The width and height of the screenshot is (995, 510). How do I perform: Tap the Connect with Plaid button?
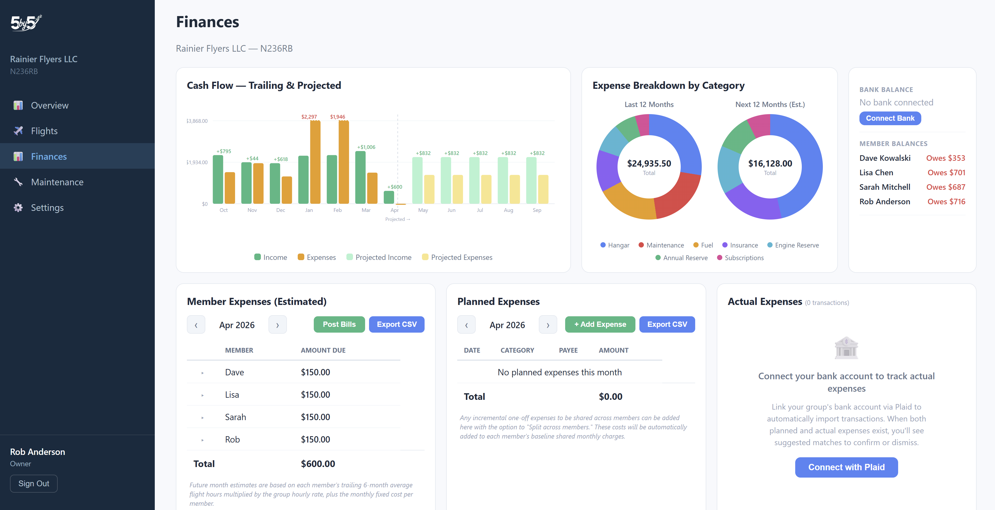(846, 467)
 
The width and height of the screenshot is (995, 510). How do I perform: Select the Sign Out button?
(34, 483)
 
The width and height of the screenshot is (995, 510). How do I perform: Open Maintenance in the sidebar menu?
(57, 182)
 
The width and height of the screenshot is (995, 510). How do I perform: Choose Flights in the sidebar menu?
(44, 131)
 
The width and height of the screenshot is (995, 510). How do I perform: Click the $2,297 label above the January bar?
(309, 117)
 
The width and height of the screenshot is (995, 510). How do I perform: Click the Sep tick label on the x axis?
(536, 210)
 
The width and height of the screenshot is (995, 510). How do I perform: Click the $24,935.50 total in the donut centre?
(649, 164)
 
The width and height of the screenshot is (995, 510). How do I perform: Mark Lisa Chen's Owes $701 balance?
(946, 172)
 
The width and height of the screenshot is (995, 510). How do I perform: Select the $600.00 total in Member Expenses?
(318, 464)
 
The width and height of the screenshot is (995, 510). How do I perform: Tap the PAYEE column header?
(568, 350)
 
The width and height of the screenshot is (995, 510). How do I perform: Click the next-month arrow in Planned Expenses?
(548, 325)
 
